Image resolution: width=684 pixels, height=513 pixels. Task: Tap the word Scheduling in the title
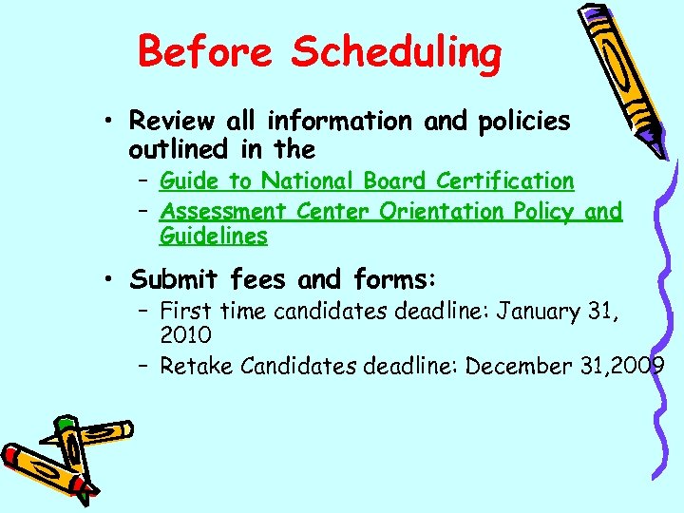(396, 53)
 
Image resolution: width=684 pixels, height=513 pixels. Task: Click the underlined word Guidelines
(213, 236)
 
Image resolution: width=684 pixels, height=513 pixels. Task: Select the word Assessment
(223, 211)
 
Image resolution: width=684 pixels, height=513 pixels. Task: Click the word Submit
(175, 279)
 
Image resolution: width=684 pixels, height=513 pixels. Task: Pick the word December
(520, 367)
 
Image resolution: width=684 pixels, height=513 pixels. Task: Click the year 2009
(639, 367)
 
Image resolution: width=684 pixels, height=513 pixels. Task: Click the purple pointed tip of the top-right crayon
(661, 152)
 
